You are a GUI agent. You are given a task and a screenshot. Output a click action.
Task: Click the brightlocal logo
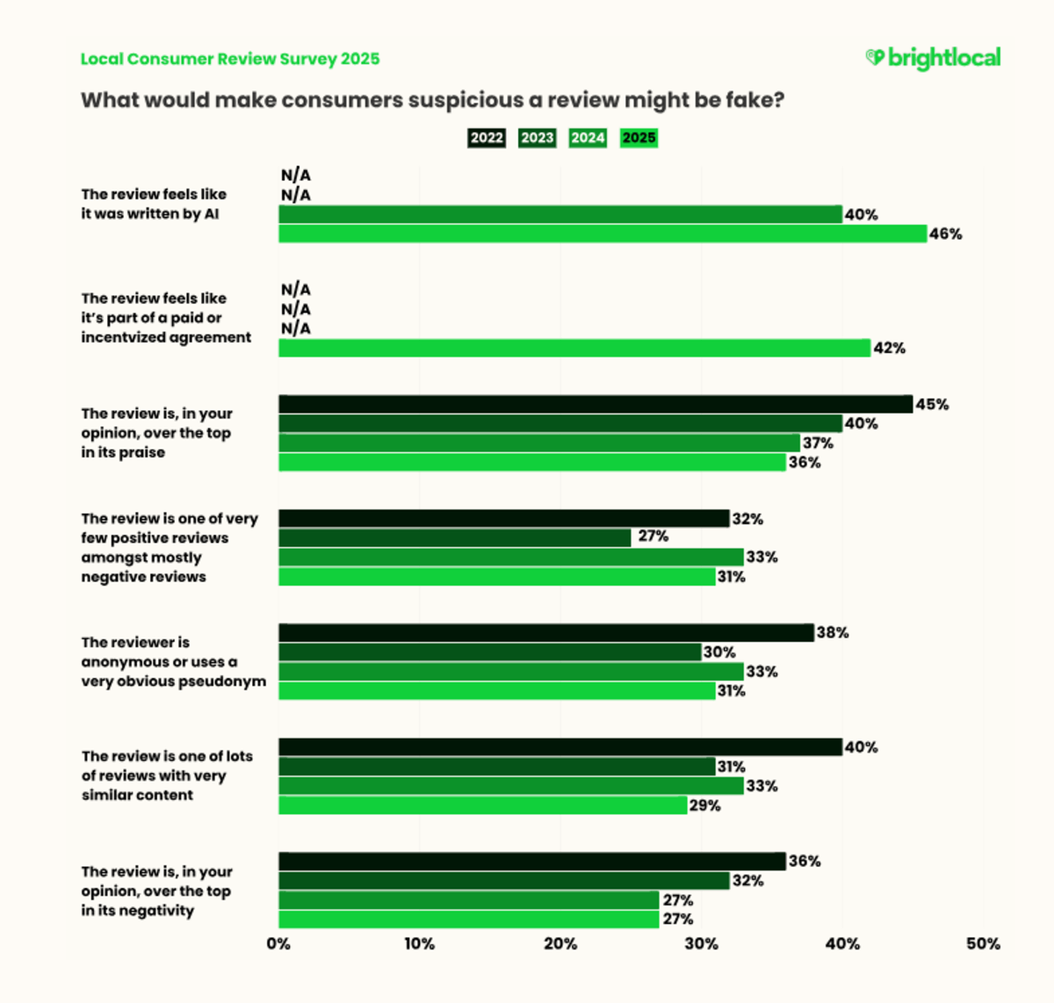[933, 58]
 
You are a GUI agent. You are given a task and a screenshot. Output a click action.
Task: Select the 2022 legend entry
[487, 138]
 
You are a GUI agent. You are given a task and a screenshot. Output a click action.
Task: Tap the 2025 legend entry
[639, 138]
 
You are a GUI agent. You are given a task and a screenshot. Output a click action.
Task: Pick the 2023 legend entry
[537, 138]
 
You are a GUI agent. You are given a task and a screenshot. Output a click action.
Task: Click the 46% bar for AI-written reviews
[603, 234]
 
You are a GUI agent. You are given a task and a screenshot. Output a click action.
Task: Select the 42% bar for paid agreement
[574, 348]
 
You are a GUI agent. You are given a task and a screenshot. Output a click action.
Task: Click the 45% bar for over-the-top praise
[596, 404]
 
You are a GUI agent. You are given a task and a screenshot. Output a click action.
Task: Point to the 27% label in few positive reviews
[653, 537]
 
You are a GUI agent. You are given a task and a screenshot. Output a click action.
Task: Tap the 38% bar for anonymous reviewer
[546, 632]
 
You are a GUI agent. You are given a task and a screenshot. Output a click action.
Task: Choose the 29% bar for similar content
[483, 805]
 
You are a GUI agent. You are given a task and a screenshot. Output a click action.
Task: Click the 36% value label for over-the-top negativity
[805, 861]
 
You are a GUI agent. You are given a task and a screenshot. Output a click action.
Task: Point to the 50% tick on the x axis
[983, 944]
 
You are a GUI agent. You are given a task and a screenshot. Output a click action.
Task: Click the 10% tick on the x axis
[419, 944]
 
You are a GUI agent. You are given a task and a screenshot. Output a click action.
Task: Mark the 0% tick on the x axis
[278, 944]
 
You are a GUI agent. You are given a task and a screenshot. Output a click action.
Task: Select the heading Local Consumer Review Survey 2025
[230, 59]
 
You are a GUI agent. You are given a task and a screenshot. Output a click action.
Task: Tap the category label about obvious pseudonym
[173, 662]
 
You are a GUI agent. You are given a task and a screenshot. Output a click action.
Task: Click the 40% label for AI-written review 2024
[861, 214]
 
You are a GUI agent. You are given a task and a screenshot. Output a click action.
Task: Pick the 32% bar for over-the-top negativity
[504, 880]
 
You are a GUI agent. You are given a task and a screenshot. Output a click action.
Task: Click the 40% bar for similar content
[560, 747]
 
